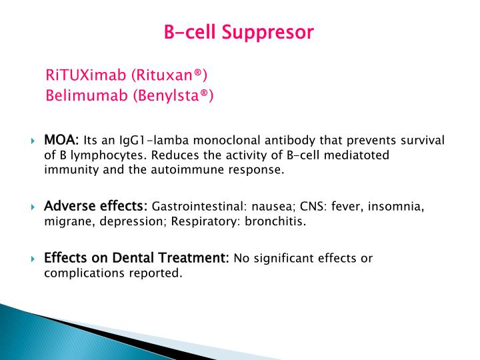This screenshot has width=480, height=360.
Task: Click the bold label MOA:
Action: [61, 141]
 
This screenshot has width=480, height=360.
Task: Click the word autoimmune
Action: [197, 169]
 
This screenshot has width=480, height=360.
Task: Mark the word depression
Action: [129, 221]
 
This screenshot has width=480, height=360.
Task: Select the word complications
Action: [80, 273]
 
